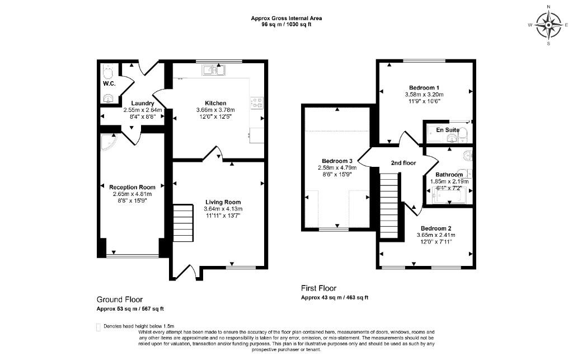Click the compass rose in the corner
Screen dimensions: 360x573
(x=548, y=25)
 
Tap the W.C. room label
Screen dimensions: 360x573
(x=109, y=83)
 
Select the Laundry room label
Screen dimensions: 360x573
(x=143, y=103)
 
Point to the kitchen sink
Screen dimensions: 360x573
(x=213, y=70)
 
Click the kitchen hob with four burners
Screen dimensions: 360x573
(x=257, y=102)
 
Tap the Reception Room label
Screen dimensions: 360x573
(x=132, y=187)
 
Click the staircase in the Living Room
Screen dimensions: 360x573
(x=182, y=223)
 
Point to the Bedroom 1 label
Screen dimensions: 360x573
(x=424, y=87)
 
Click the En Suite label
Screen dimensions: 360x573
(x=448, y=130)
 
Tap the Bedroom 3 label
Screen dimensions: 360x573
(x=337, y=161)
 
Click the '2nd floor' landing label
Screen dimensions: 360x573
(x=403, y=163)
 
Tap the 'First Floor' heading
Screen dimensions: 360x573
(x=320, y=289)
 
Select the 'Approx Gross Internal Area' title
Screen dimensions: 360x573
(x=286, y=18)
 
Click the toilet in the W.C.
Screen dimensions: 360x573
(x=108, y=71)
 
